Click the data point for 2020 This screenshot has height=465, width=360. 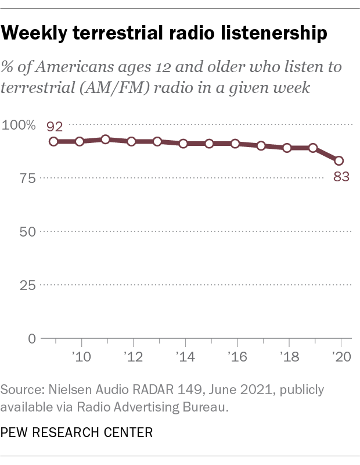click(339, 160)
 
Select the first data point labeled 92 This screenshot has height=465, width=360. click(53, 141)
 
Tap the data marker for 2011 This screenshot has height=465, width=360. click(106, 139)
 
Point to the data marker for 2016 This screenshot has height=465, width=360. click(235, 143)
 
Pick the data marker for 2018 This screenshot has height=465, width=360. click(287, 148)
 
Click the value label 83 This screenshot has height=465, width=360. click(341, 177)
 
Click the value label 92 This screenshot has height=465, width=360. click(55, 126)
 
